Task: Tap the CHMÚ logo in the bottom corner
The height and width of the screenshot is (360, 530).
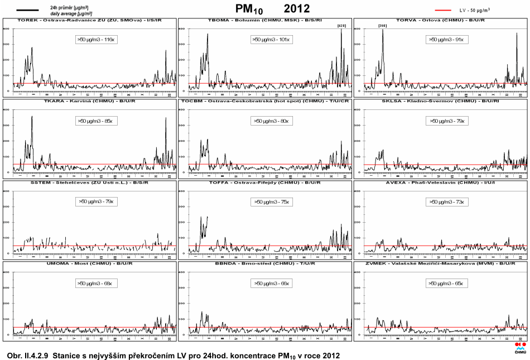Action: click(519, 348)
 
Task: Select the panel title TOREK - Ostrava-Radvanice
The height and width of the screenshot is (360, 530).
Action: click(90, 20)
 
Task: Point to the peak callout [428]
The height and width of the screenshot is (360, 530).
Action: click(342, 26)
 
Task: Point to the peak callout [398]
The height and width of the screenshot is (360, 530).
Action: click(382, 26)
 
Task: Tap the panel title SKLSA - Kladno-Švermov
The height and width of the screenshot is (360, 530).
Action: click(440, 102)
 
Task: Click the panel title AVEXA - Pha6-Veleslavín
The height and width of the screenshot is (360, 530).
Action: click(440, 183)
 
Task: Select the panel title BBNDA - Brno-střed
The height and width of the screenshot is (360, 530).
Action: click(265, 264)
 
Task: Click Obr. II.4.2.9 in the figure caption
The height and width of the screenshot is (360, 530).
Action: click(28, 355)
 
